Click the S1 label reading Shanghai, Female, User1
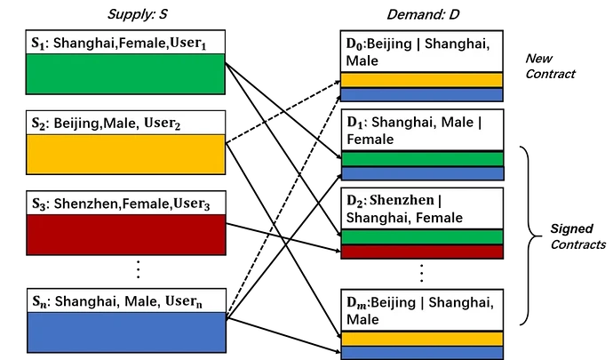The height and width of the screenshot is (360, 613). pyautogui.click(x=123, y=43)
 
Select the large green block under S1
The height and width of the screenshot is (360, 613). pyautogui.click(x=123, y=74)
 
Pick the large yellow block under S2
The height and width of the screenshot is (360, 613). pyautogui.click(x=123, y=154)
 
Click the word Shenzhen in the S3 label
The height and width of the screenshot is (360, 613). pyautogui.click(x=84, y=204)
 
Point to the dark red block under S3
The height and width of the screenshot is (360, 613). pyautogui.click(x=123, y=235)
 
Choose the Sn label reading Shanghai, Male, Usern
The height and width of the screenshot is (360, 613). pyautogui.click(x=123, y=300)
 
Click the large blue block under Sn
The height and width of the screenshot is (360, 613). pyautogui.click(x=123, y=333)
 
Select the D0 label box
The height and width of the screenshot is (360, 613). pyautogui.click(x=422, y=52)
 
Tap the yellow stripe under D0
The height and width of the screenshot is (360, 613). pyautogui.click(x=422, y=79)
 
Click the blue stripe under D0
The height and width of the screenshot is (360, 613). pyautogui.click(x=422, y=94)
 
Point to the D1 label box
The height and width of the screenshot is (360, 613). pyautogui.click(x=422, y=131)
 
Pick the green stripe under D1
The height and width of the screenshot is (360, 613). pyautogui.click(x=422, y=158)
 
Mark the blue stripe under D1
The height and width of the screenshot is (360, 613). pyautogui.click(x=422, y=173)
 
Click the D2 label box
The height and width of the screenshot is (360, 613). pyautogui.click(x=422, y=209)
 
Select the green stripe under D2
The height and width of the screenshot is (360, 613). pyautogui.click(x=422, y=236)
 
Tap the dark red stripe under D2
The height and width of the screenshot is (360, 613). pyautogui.click(x=422, y=252)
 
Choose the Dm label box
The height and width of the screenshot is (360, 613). pyautogui.click(x=422, y=310)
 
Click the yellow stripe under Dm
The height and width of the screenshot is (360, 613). pyautogui.click(x=422, y=339)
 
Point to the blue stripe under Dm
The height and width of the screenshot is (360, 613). pyautogui.click(x=422, y=353)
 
